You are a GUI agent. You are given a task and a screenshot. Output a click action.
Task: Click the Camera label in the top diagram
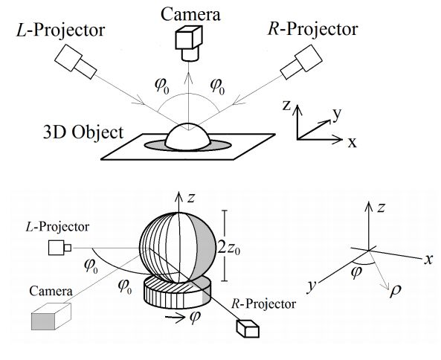190,15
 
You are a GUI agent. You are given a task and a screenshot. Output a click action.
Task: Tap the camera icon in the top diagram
189,43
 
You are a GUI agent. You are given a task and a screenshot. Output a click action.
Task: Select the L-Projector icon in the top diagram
75,61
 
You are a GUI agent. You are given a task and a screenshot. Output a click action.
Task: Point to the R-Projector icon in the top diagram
301,62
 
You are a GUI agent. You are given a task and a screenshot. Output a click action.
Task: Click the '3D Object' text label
83,132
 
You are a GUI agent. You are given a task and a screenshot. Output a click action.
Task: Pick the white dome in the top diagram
187,137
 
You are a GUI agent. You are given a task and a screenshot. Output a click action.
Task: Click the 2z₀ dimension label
229,248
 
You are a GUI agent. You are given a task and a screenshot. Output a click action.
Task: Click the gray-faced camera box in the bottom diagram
51,316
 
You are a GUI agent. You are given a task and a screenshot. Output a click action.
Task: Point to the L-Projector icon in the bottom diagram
59,248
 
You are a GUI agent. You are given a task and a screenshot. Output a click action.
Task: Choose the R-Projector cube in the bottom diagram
248,329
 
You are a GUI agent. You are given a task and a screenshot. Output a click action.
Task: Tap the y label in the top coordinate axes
337,114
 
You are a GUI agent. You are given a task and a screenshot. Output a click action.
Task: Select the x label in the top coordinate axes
352,143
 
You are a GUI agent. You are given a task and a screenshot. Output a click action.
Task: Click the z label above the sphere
191,198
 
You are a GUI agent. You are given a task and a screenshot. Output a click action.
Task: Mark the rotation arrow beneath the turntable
175,317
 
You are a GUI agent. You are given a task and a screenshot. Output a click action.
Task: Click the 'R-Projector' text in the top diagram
312,29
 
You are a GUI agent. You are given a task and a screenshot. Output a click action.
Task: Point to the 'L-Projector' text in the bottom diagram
57,227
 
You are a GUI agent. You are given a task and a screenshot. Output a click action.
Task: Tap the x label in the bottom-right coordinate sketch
428,260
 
